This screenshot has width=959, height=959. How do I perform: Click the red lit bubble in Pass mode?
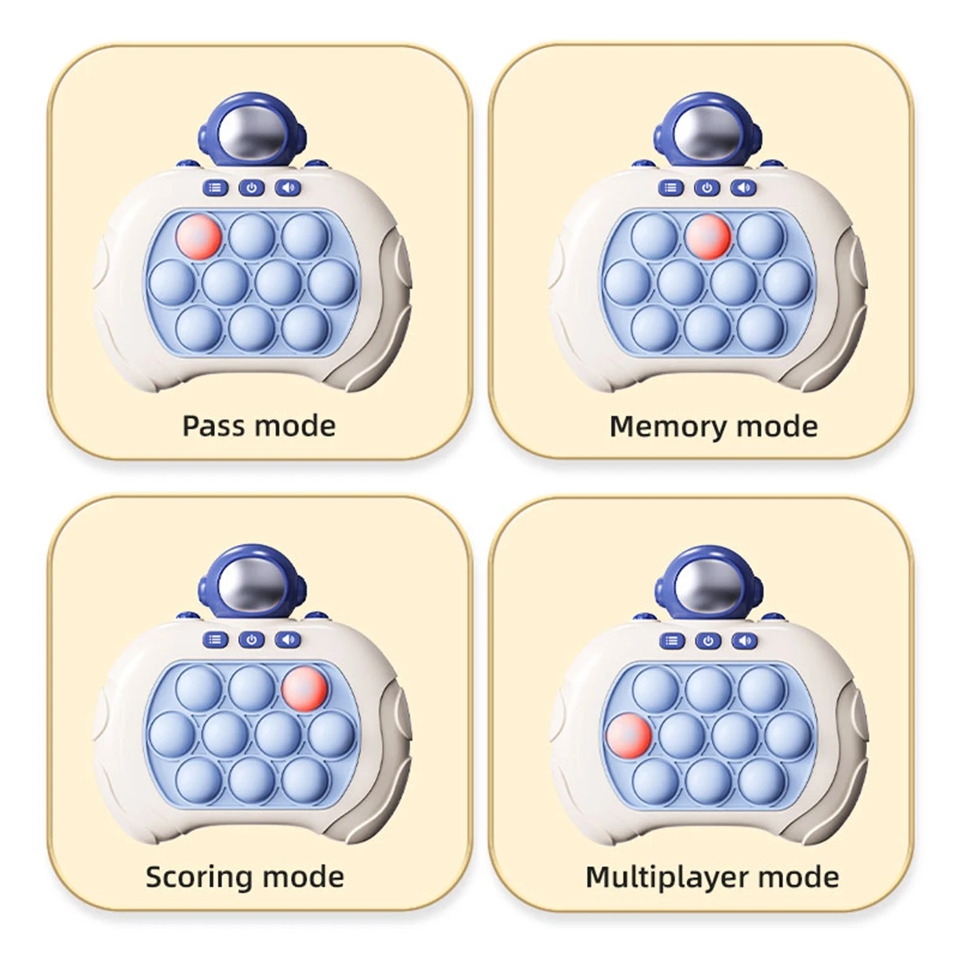(x=198, y=237)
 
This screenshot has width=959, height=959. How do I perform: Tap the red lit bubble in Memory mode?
(x=708, y=237)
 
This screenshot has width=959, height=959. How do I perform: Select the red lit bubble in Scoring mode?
(x=304, y=688)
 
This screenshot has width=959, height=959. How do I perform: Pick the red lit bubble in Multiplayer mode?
(x=629, y=735)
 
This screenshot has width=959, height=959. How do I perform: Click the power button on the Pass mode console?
(x=252, y=189)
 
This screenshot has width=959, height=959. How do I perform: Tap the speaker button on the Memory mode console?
(x=744, y=189)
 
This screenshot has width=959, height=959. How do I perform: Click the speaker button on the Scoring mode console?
(x=288, y=640)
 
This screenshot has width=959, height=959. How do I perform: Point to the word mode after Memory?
(x=776, y=426)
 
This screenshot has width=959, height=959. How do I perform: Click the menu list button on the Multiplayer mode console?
(x=672, y=641)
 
